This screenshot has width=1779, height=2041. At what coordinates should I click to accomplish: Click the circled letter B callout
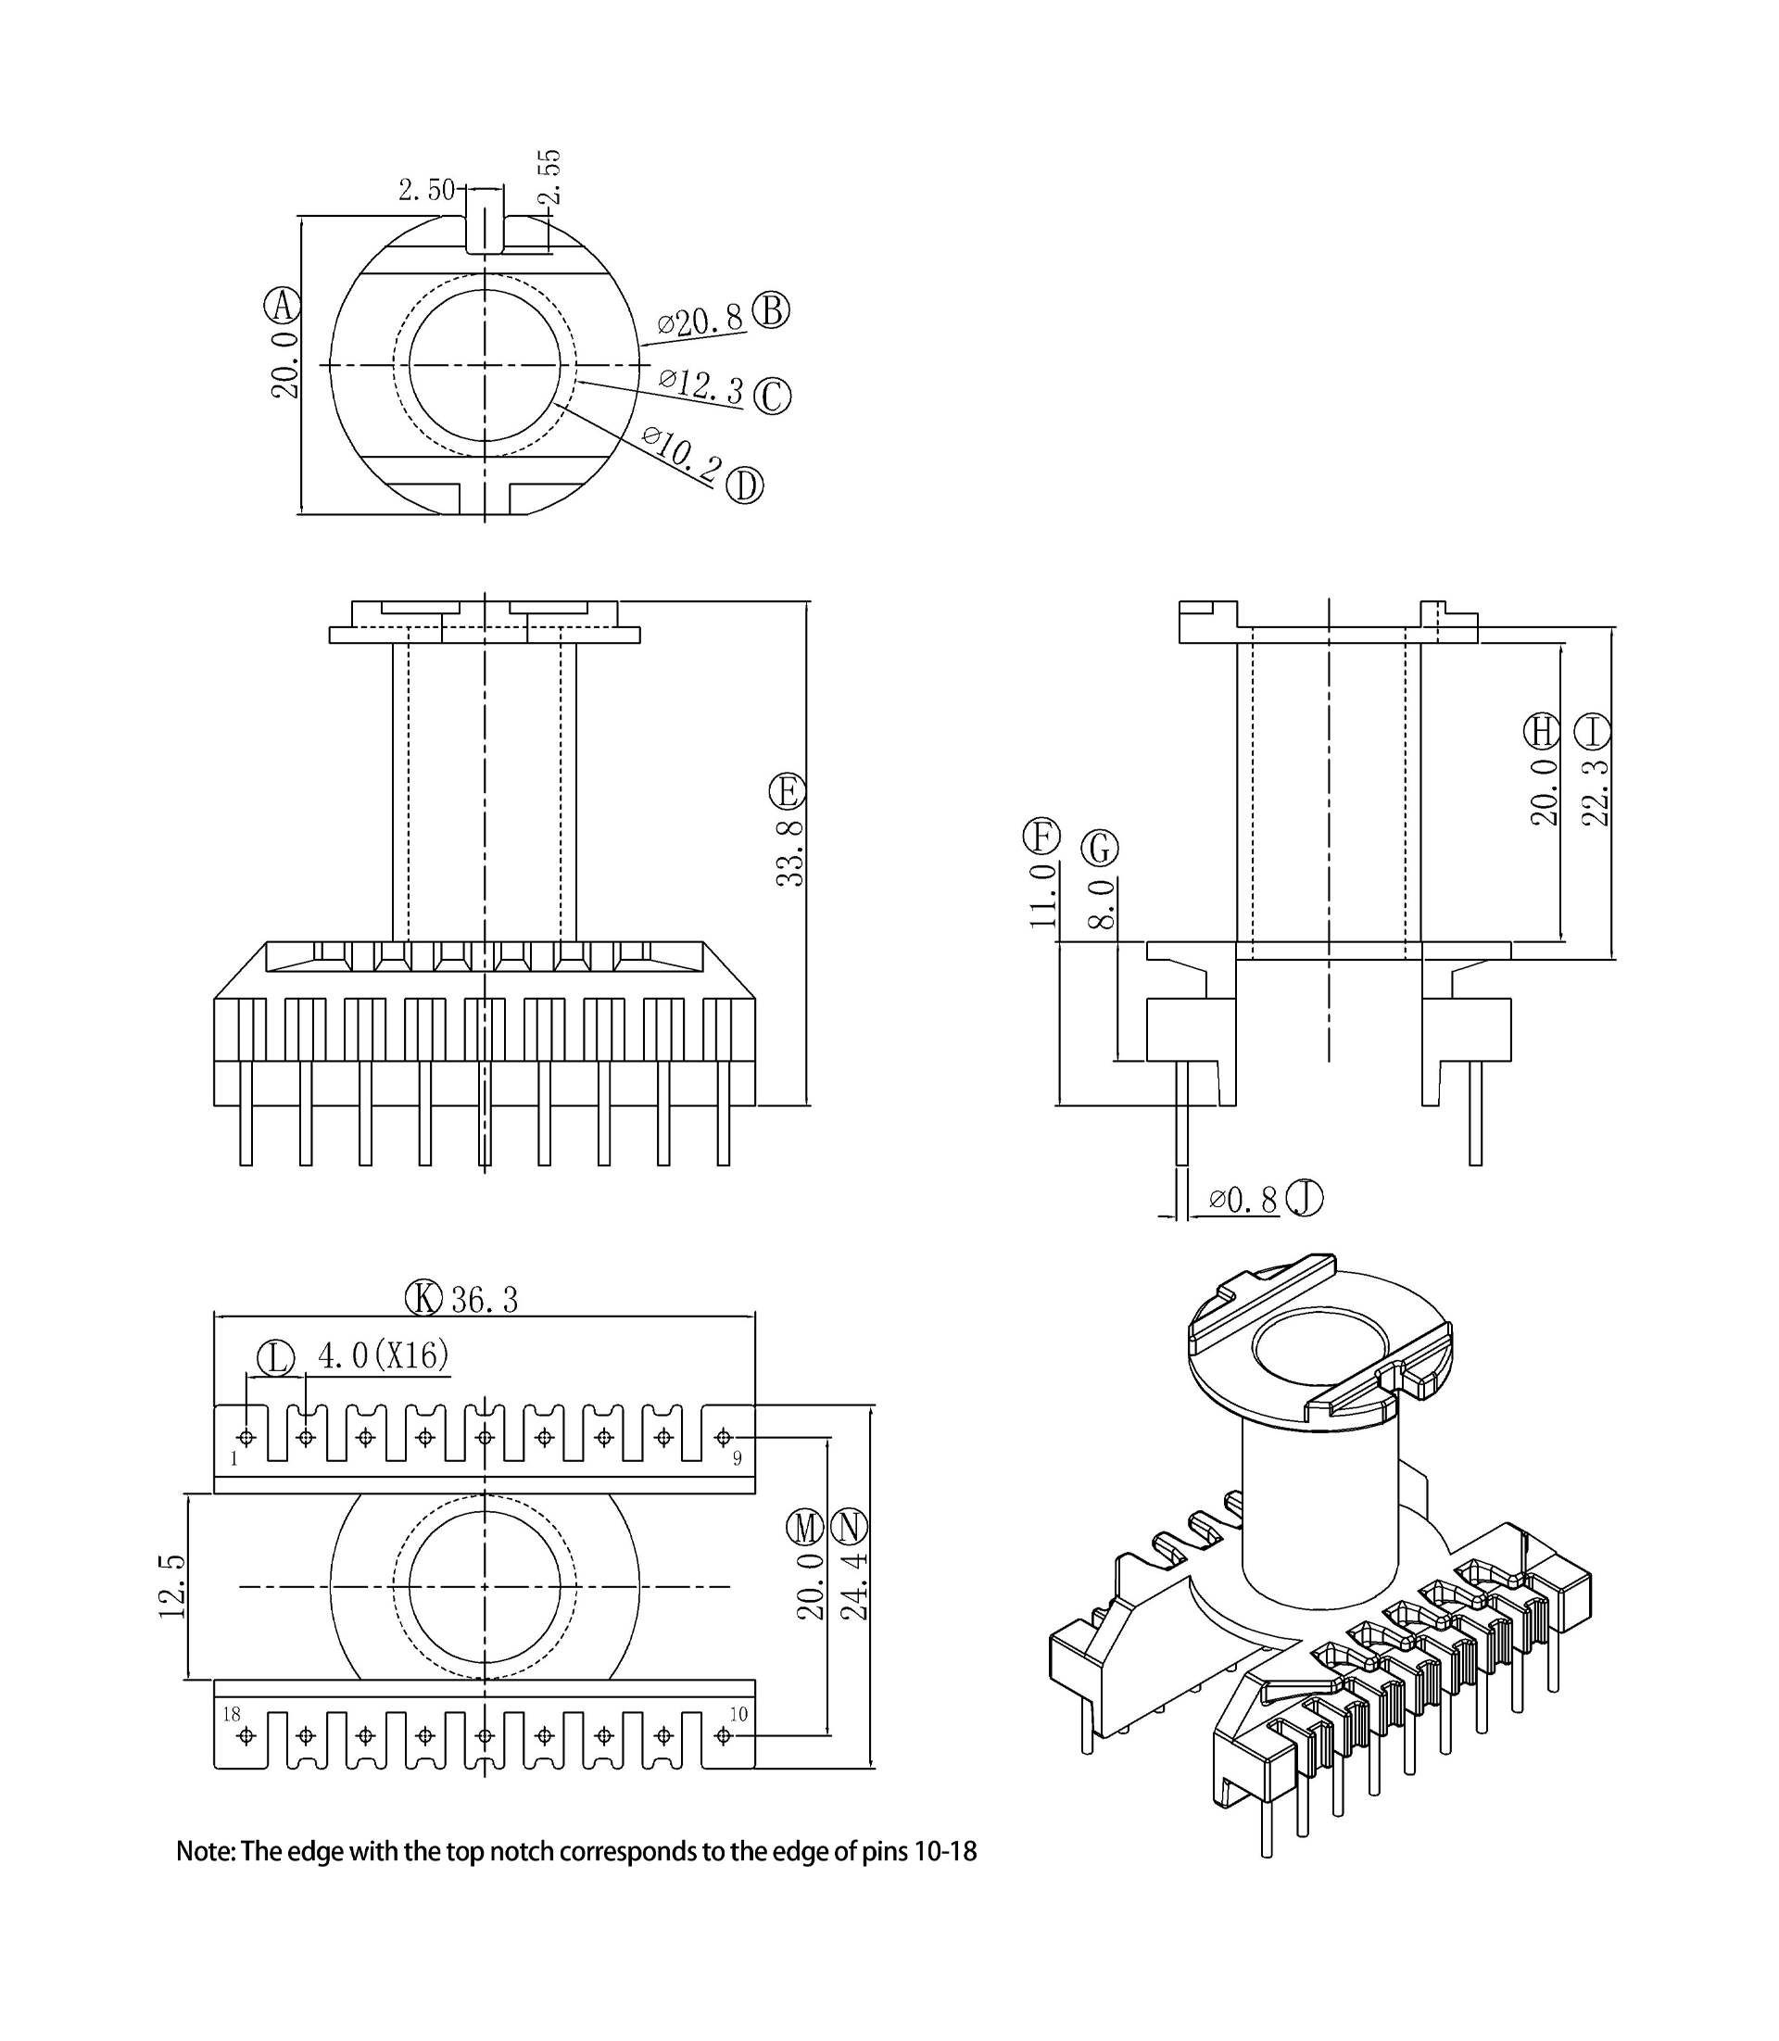pyautogui.click(x=770, y=310)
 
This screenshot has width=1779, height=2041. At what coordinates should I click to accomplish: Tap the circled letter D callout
pyautogui.click(x=745, y=486)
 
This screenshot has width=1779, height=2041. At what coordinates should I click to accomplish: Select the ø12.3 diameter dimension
pyautogui.click(x=700, y=385)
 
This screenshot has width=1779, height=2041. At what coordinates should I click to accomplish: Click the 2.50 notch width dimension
pyautogui.click(x=426, y=190)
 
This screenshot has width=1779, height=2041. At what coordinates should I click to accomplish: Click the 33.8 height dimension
pyautogui.click(x=790, y=852)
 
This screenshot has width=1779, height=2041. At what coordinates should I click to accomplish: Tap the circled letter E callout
pyautogui.click(x=788, y=792)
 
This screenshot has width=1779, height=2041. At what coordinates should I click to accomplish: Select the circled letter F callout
pyautogui.click(x=1041, y=836)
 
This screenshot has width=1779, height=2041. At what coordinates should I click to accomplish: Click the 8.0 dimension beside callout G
pyautogui.click(x=1102, y=903)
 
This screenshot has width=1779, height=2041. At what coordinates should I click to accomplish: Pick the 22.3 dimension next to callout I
pyautogui.click(x=1594, y=792)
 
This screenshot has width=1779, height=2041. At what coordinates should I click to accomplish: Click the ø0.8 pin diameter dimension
pyautogui.click(x=1243, y=1200)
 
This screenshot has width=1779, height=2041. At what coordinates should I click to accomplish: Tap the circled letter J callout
pyautogui.click(x=1305, y=1198)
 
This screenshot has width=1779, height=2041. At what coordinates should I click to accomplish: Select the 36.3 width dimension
pyautogui.click(x=485, y=1300)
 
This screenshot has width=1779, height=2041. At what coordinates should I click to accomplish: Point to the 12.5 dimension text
pyautogui.click(x=171, y=1586)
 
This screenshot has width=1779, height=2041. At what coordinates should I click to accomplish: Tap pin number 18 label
pyautogui.click(x=232, y=1714)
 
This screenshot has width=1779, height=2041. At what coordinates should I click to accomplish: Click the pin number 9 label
pyautogui.click(x=737, y=1458)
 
